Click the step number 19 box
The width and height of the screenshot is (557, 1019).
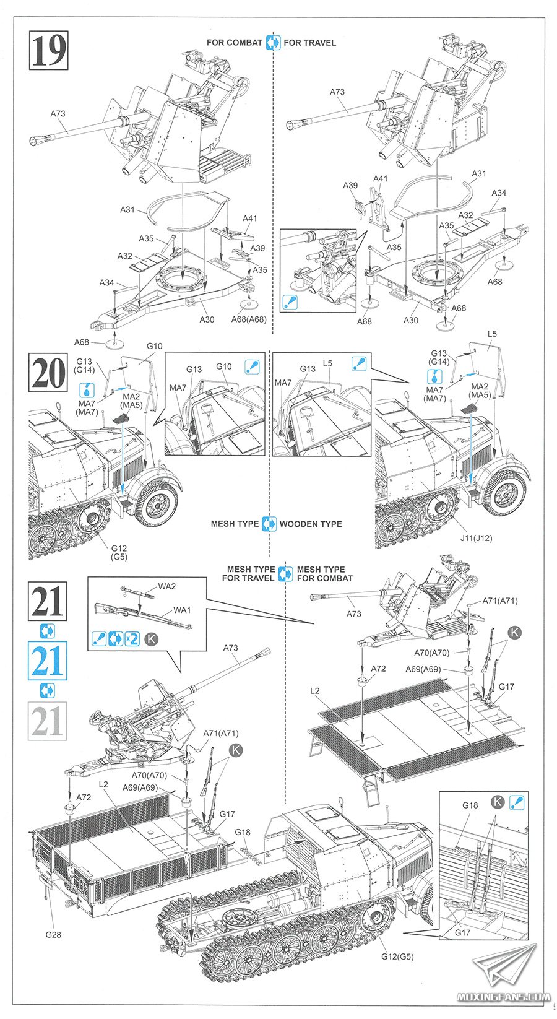[x=48, y=50]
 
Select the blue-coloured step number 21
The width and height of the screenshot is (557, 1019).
[x=48, y=662]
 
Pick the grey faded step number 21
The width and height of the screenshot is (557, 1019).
[x=48, y=721]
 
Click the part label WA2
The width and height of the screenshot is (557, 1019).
[x=166, y=586]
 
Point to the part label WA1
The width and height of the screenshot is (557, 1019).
[x=181, y=610]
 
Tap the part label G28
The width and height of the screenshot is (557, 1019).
[x=53, y=934]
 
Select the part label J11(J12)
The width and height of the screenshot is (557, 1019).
[x=476, y=537]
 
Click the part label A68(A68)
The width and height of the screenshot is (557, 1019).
[x=249, y=319]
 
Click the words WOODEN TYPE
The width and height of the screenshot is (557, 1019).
[x=310, y=524]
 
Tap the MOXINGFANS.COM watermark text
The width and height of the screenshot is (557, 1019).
[x=503, y=997]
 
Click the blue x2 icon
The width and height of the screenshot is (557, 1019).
[x=132, y=638]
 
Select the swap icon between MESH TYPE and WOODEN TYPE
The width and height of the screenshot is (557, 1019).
[x=269, y=524]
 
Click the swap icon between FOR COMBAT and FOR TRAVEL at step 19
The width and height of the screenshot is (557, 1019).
[x=273, y=43]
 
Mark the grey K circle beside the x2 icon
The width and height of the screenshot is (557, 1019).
[x=150, y=638]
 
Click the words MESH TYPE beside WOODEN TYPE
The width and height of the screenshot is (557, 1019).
[x=235, y=524]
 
